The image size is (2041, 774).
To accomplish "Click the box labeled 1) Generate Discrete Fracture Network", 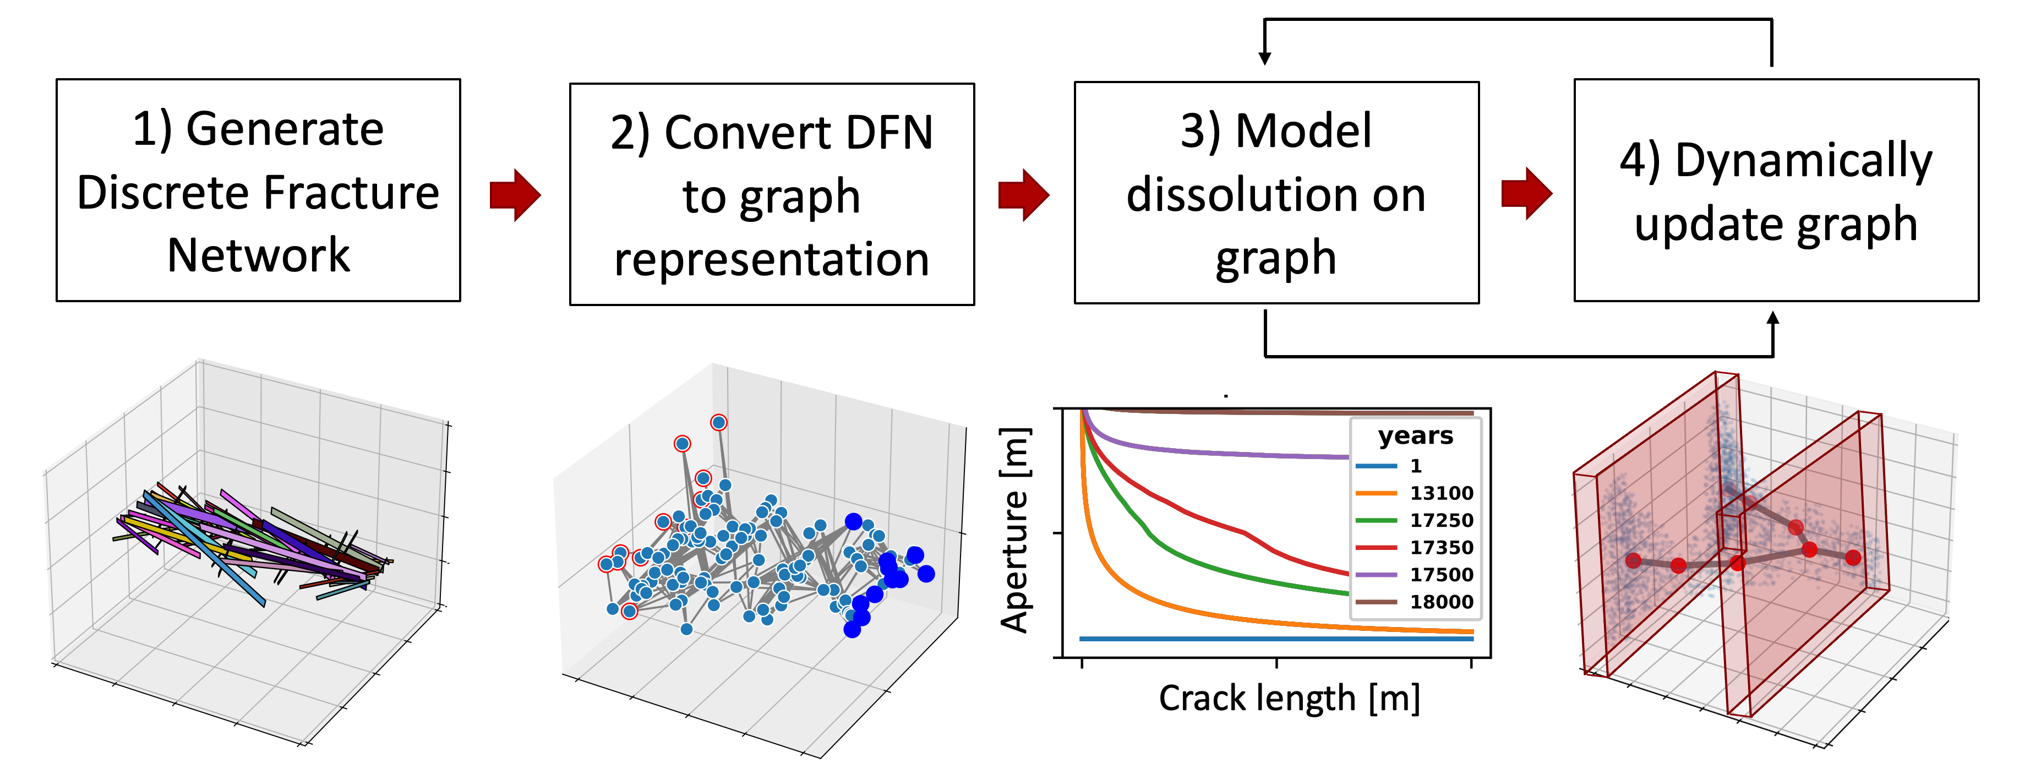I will (258, 190).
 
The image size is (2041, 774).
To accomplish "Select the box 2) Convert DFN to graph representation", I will (771, 194).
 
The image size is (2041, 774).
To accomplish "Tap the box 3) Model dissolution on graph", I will (1276, 193).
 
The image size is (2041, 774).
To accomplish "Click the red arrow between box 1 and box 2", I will (515, 194).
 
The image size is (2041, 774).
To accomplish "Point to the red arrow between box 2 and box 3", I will (1024, 194).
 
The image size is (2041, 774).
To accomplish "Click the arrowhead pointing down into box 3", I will (1264, 57).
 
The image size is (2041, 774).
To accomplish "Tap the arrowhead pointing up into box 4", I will (1773, 319).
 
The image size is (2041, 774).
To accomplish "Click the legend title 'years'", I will (1415, 436).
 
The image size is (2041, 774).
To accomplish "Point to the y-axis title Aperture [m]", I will (1014, 531).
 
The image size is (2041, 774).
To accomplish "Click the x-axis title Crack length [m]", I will (1289, 699).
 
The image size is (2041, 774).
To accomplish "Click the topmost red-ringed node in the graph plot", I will (718, 422).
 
